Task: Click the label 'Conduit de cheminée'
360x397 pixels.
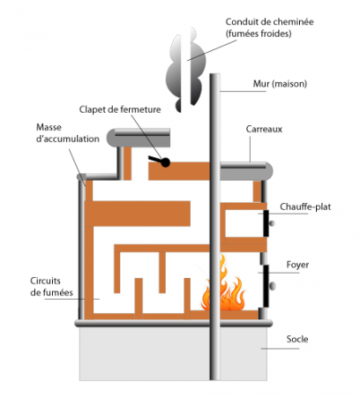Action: tap(269, 22)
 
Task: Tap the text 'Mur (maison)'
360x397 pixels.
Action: tap(280, 84)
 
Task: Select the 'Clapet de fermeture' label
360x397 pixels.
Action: tap(120, 109)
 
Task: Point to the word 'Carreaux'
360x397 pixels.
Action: tap(264, 129)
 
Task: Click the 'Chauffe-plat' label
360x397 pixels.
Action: tap(305, 206)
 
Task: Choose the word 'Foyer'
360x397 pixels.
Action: tap(297, 265)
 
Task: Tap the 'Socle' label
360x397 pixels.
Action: tap(297, 339)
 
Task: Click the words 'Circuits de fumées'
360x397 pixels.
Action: tap(52, 287)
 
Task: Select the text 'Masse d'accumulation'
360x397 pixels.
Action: tap(68, 133)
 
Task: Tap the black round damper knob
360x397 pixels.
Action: tap(165, 162)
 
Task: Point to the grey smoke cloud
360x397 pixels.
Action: tap(185, 71)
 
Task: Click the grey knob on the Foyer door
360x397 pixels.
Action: tap(273, 286)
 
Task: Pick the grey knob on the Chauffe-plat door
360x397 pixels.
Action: tap(272, 223)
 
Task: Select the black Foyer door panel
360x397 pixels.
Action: tap(266, 286)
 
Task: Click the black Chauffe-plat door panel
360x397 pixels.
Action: tap(266, 223)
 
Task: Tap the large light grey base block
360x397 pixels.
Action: tap(173, 354)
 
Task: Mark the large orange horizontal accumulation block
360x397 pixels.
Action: tap(138, 213)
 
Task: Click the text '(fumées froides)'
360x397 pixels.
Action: tap(259, 34)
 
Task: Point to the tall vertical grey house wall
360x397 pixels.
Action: tap(214, 227)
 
